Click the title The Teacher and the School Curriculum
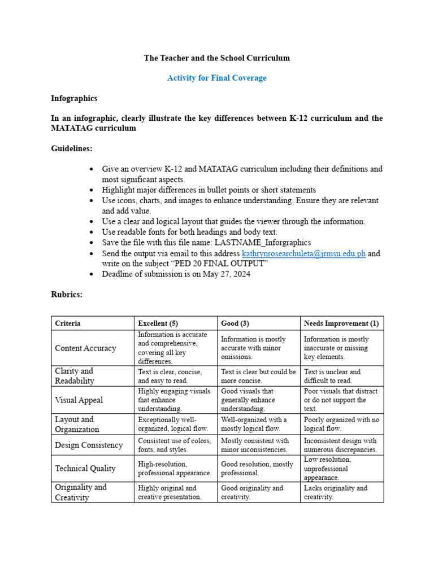point(216,58)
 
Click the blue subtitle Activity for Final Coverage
point(216,78)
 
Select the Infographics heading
point(74,98)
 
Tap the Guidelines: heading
point(72,148)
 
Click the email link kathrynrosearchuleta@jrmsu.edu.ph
point(303,254)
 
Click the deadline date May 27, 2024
point(227,274)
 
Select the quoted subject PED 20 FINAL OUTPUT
point(219,264)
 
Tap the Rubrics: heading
point(67,295)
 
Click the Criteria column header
point(68,323)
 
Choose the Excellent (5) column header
point(158,323)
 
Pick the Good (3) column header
point(235,323)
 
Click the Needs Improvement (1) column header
point(341,323)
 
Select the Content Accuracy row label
point(85,348)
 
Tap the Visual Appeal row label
point(79,400)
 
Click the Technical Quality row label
point(85,468)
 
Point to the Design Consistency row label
point(89,445)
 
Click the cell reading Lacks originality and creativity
point(336,493)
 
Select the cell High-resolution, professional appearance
point(175,468)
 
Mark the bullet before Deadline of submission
point(92,275)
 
